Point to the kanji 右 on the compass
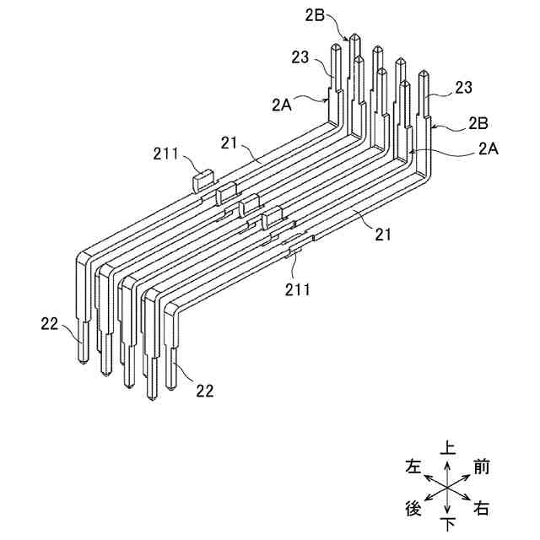482,509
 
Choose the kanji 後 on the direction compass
413,509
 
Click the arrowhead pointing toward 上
446,462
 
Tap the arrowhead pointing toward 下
446,513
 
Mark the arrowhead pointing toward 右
468,499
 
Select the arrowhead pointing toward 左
425,475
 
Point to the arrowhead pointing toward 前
468,475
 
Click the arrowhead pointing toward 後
425,499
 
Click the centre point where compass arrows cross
446,487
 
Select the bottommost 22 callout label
204,390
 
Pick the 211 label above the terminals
165,153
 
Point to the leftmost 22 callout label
51,322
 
